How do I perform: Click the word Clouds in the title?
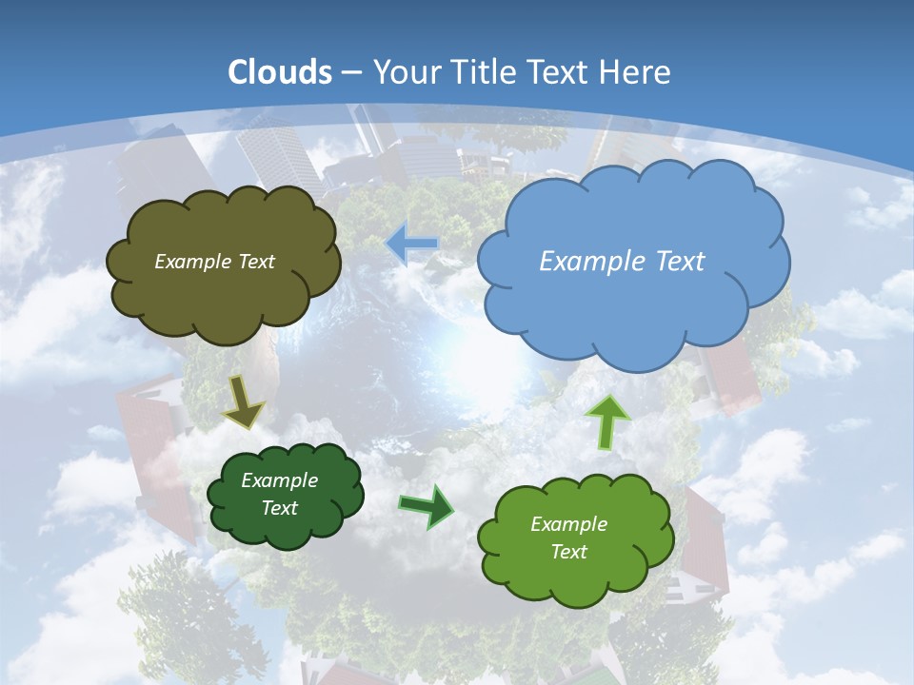[x=280, y=72]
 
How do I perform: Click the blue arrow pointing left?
[x=412, y=244]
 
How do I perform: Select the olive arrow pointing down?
[x=244, y=403]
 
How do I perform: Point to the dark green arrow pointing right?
[x=426, y=506]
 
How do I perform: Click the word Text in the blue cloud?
[x=680, y=262]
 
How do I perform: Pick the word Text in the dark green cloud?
[x=280, y=508]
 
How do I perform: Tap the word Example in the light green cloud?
[x=568, y=524]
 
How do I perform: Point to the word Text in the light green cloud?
[x=568, y=552]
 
